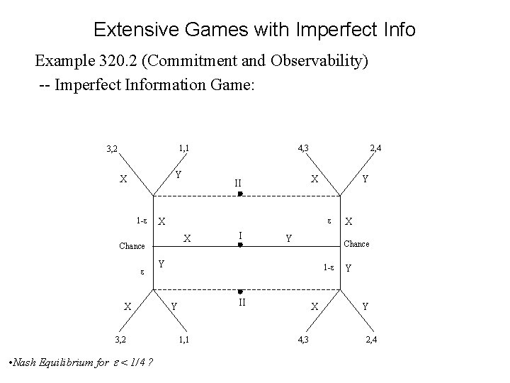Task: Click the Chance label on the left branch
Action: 132,245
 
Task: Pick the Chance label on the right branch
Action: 356,244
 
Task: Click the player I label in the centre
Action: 241,234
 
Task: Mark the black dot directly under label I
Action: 241,245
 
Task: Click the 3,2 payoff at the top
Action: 111,150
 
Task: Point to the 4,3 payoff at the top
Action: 303,148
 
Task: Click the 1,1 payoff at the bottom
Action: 183,340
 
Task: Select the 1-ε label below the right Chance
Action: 329,268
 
